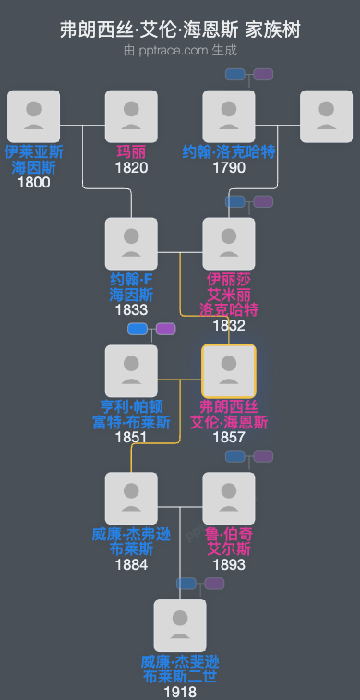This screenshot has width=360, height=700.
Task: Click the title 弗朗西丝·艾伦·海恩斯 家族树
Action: tap(180, 30)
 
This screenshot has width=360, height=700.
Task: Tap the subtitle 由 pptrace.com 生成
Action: tap(180, 50)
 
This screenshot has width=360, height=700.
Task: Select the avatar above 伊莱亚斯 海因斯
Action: tap(33, 116)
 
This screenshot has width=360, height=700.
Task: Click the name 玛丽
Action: tap(131, 152)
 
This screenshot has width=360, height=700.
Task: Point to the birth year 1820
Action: tap(131, 168)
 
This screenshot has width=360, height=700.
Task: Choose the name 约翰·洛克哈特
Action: tap(228, 152)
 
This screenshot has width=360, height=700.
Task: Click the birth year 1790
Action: tap(228, 168)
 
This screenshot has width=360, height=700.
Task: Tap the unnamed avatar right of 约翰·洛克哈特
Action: tap(326, 116)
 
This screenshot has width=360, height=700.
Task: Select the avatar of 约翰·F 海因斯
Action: tap(131, 244)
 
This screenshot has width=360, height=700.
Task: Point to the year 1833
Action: tap(131, 309)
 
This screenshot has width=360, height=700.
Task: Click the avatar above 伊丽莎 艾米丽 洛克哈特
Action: tap(228, 244)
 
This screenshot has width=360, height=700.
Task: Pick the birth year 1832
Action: tap(228, 325)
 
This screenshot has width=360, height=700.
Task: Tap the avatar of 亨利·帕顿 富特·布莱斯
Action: tap(131, 371)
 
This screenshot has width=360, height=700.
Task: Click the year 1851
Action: tap(131, 437)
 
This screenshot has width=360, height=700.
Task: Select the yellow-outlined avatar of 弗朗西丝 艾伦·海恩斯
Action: tap(228, 371)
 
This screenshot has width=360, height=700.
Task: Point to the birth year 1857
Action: tap(228, 437)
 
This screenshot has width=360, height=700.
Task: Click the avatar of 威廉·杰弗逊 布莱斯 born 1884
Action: tap(131, 499)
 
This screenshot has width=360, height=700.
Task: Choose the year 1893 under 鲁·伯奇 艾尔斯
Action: tap(228, 564)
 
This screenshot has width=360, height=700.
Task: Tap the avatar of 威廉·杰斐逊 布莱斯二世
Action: tap(180, 626)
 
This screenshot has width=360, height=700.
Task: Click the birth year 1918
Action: tap(180, 692)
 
